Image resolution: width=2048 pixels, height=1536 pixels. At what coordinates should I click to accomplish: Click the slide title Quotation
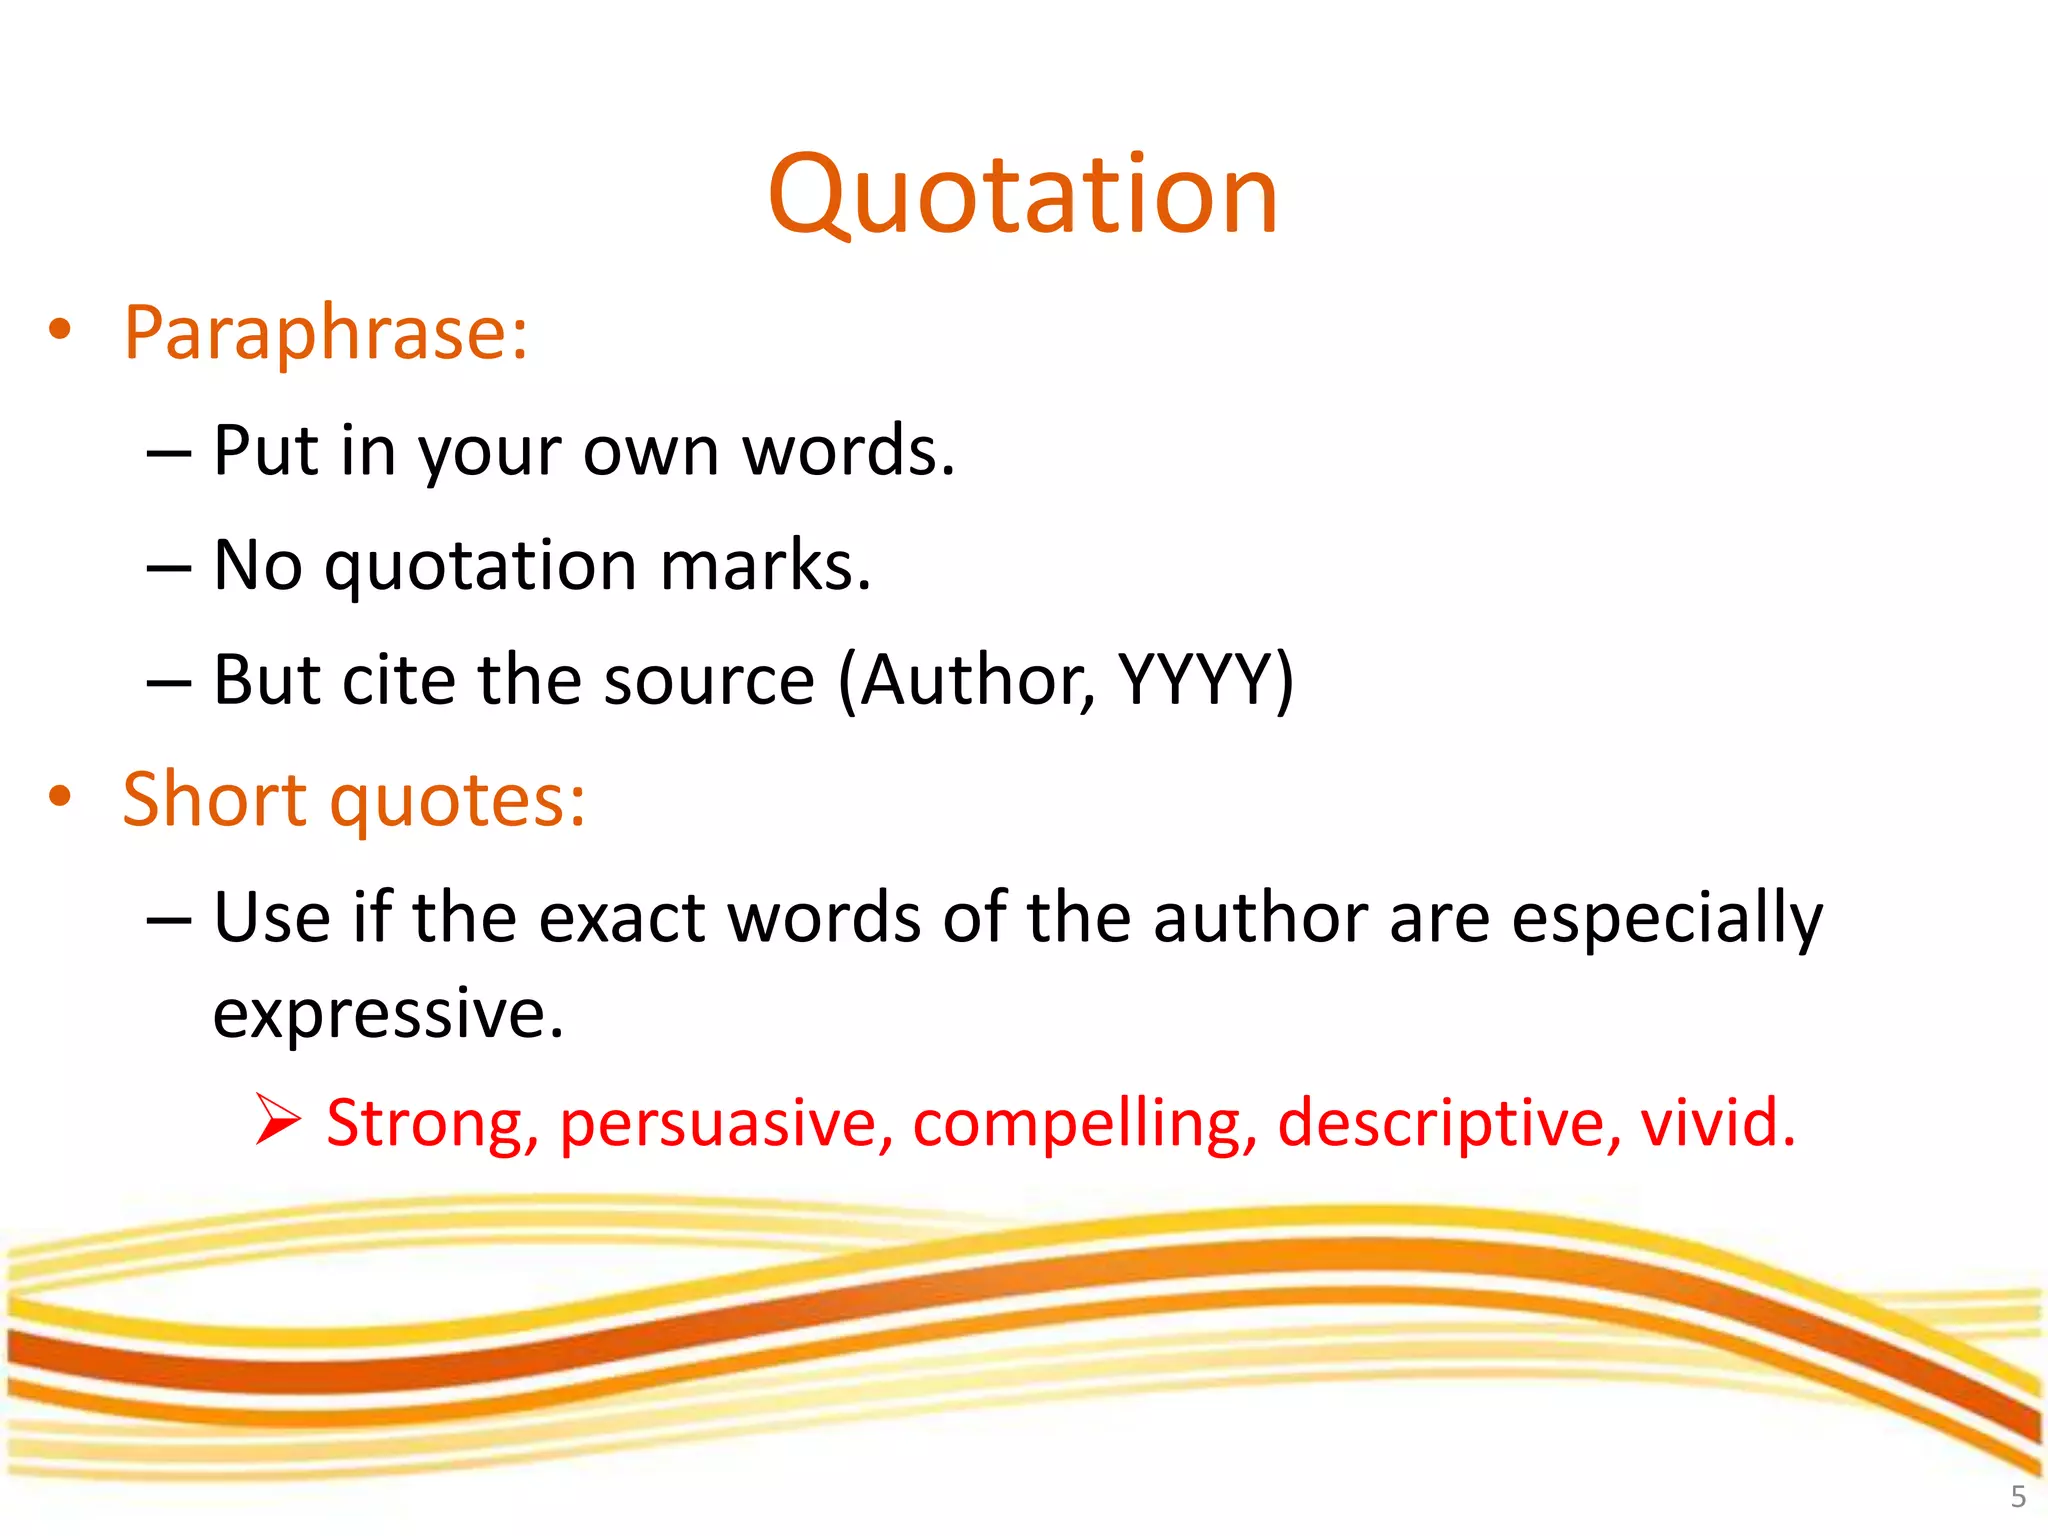pyautogui.click(x=1022, y=194)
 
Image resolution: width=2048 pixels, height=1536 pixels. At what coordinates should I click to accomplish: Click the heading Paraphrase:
pyautogui.click(x=325, y=333)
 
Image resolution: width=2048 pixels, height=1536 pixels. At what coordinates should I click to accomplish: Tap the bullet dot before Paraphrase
pyautogui.click(x=60, y=329)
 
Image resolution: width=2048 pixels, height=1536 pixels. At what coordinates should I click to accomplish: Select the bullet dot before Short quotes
pyautogui.click(x=60, y=796)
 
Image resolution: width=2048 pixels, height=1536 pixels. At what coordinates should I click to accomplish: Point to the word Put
pyautogui.click(x=264, y=451)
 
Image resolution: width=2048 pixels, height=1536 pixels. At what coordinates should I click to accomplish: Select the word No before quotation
pyautogui.click(x=257, y=566)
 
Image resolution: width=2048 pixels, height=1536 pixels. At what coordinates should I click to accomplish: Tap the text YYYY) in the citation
pyautogui.click(x=1205, y=681)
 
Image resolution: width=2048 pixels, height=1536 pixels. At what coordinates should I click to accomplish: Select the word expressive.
pyautogui.click(x=388, y=1013)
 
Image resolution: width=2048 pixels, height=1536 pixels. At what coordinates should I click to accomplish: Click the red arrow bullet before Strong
pyautogui.click(x=277, y=1119)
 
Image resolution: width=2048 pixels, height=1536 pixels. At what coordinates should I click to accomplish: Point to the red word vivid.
pyautogui.click(x=1717, y=1123)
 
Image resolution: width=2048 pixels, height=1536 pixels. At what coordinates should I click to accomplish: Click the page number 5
pyautogui.click(x=2018, y=1497)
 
